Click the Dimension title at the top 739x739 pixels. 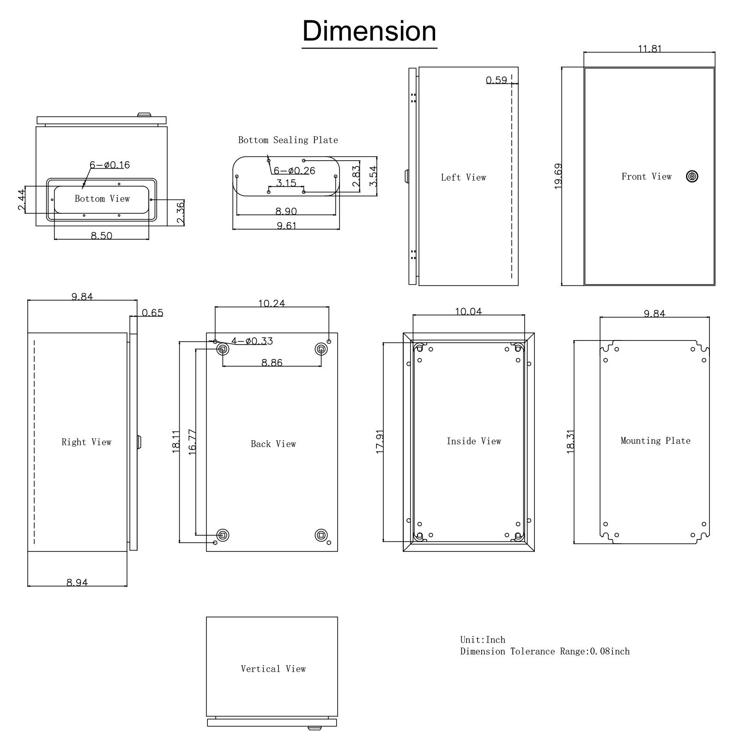pyautogui.click(x=369, y=31)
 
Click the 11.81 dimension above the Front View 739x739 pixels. pyautogui.click(x=649, y=49)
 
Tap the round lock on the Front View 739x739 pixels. pyautogui.click(x=692, y=176)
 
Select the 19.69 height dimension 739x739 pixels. pyautogui.click(x=558, y=176)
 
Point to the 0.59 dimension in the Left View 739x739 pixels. pyautogui.click(x=496, y=80)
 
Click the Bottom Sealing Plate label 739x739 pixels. pyautogui.click(x=288, y=140)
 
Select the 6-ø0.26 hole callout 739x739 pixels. pyautogui.click(x=294, y=171)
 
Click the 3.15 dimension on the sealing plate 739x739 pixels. pyautogui.click(x=286, y=183)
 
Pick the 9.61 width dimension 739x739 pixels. pyautogui.click(x=286, y=226)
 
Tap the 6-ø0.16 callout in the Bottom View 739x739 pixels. pyautogui.click(x=109, y=165)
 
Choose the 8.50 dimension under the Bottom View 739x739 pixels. pyautogui.click(x=101, y=236)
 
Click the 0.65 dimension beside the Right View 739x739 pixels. pyautogui.click(x=152, y=313)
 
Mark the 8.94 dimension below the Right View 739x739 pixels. pyautogui.click(x=77, y=583)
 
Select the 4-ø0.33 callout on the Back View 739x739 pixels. pyautogui.click(x=252, y=341)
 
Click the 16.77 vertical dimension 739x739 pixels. pyautogui.click(x=193, y=442)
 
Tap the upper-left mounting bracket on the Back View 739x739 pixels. pyautogui.click(x=223, y=349)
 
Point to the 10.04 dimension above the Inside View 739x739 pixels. pyautogui.click(x=468, y=312)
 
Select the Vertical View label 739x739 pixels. pyautogui.click(x=273, y=669)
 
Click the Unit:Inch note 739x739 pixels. pyautogui.click(x=482, y=640)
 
